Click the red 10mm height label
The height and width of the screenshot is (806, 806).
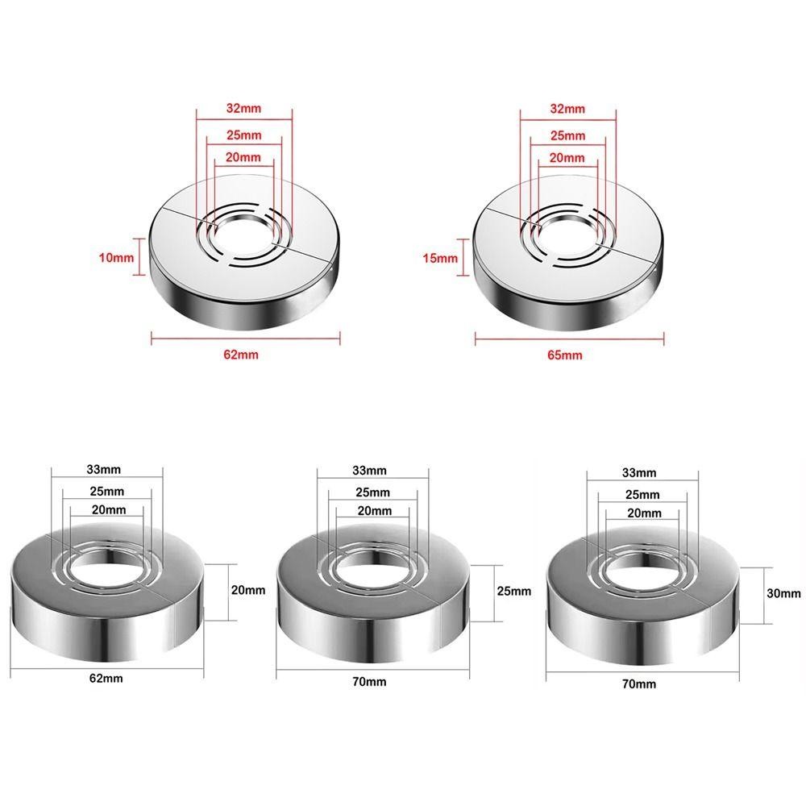(x=116, y=258)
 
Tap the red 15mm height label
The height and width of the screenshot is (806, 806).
(x=440, y=258)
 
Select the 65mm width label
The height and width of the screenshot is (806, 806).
(x=565, y=355)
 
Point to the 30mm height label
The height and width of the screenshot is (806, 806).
(x=783, y=593)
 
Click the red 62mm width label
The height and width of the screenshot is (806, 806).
(x=241, y=354)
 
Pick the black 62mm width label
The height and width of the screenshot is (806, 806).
(x=106, y=678)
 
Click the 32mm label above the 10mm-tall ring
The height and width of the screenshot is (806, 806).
(x=243, y=109)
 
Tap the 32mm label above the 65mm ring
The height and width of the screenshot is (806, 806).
(x=567, y=109)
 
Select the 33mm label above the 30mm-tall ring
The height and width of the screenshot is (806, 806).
(x=639, y=472)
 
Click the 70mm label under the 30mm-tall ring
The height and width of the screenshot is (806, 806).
(x=639, y=683)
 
